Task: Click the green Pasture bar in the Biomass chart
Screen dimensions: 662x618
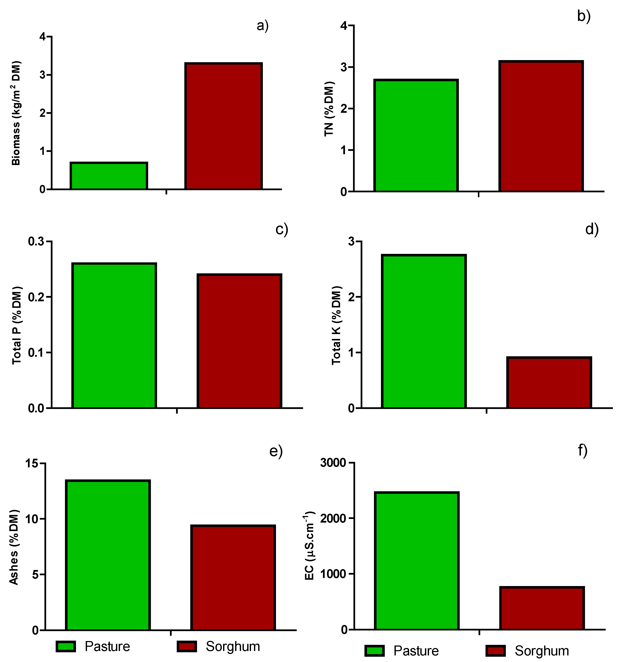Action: [x=109, y=176]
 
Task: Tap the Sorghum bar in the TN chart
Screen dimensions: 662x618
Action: [x=541, y=126]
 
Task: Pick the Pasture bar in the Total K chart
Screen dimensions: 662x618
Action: [x=423, y=331]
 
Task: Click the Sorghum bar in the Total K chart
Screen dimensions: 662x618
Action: [x=549, y=382]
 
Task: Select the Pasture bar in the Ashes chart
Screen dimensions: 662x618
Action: [x=108, y=555]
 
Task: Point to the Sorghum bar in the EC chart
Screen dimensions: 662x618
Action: [x=542, y=609]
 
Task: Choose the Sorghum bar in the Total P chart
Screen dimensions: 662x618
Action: [x=239, y=341]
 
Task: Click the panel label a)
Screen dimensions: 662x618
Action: [x=262, y=26]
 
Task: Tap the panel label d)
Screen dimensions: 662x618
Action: [x=592, y=229]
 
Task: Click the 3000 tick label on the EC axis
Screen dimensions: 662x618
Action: [x=333, y=463]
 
